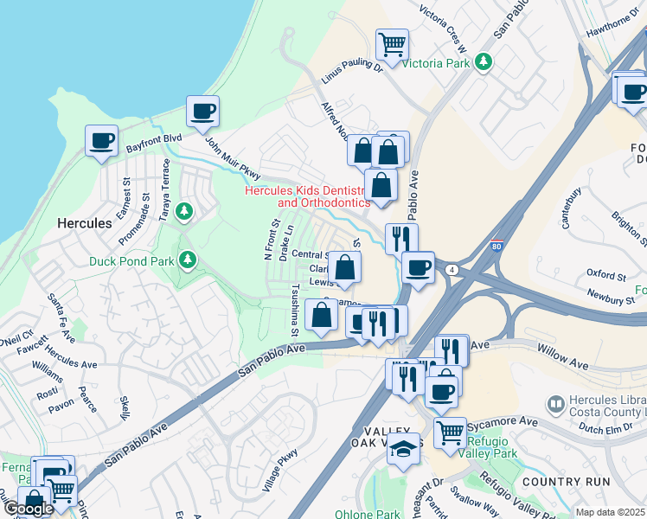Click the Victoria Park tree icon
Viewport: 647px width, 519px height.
[x=484, y=62]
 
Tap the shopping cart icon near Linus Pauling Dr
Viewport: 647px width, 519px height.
[x=393, y=43]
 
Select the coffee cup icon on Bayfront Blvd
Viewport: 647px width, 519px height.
[x=101, y=140]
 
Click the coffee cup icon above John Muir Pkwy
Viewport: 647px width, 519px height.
[x=203, y=111]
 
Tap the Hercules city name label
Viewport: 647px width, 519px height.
[x=84, y=222]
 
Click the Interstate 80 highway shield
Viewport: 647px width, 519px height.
[x=496, y=247]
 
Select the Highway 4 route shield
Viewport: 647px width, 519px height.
[x=452, y=270]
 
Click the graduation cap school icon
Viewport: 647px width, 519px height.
[x=402, y=449]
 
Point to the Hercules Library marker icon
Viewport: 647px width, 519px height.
[x=555, y=403]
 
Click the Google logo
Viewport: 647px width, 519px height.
[x=28, y=509]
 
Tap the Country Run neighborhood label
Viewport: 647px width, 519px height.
[x=565, y=481]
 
